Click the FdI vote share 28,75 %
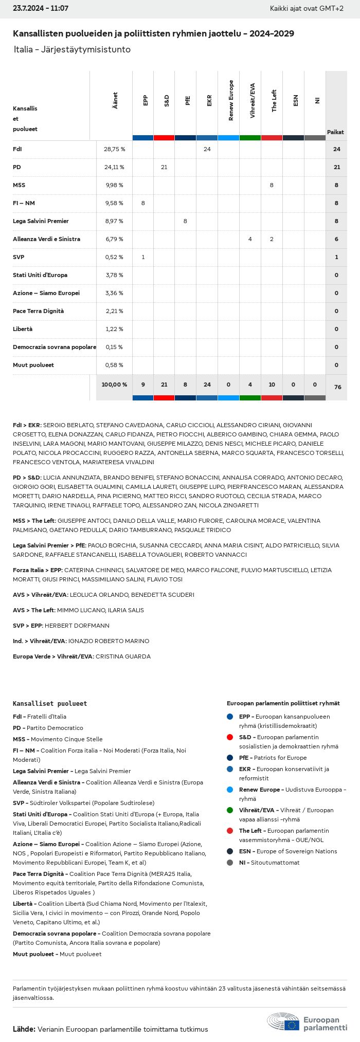(x=114, y=149)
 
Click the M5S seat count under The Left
(x=272, y=185)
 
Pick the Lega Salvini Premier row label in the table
(x=41, y=221)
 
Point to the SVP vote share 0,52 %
(x=114, y=257)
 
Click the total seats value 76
(x=337, y=387)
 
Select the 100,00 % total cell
(x=114, y=385)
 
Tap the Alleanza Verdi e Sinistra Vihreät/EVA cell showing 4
(x=250, y=239)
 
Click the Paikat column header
(x=335, y=132)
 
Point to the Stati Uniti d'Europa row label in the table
(x=40, y=275)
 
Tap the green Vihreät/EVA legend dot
(x=229, y=810)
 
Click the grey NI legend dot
(x=229, y=863)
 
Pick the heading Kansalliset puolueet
(x=50, y=703)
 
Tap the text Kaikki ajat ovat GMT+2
(x=307, y=9)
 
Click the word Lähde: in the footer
(x=24, y=1029)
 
